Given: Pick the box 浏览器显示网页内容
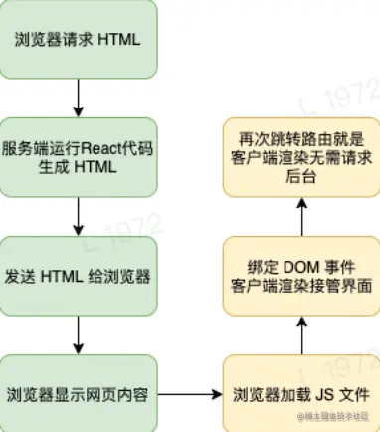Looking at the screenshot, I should [78, 390].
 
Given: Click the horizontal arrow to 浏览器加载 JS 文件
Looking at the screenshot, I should [190, 390].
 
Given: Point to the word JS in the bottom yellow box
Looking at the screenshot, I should [311, 391].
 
